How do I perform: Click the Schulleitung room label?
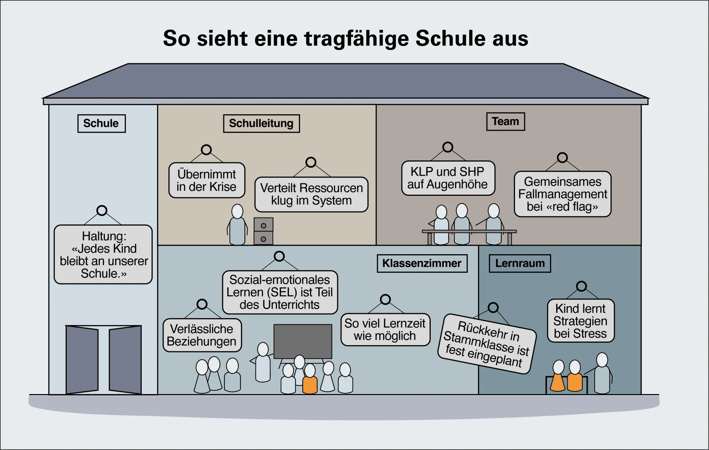click(261, 123)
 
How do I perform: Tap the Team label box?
click(505, 122)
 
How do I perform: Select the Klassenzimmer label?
click(422, 263)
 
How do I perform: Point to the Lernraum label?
click(520, 263)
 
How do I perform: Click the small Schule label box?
click(101, 123)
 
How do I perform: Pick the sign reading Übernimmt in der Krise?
click(207, 181)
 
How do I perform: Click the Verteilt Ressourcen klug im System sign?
click(311, 194)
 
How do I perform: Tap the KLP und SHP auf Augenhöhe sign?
click(448, 178)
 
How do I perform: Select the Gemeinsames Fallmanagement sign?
click(563, 194)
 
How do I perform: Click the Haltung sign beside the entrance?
click(103, 255)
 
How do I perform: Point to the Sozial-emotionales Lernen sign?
click(280, 292)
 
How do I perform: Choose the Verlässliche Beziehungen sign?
click(202, 335)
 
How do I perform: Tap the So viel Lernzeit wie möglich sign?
click(385, 330)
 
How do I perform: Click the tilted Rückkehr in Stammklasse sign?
click(487, 344)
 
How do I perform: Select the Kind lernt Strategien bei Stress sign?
click(581, 321)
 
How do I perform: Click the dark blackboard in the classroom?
click(303, 341)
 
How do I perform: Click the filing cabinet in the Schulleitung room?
click(263, 231)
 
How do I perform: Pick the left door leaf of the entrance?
click(82, 359)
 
